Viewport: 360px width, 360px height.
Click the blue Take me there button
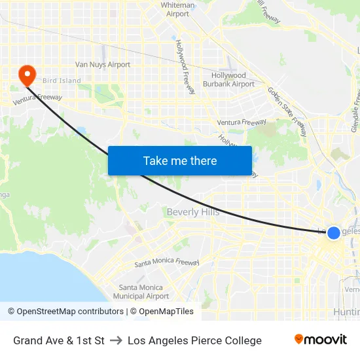pyautogui.click(x=180, y=160)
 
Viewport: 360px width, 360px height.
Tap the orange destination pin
pyautogui.click(x=27, y=75)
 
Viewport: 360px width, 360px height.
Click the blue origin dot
pyautogui.click(x=333, y=232)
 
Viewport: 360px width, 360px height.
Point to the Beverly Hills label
pyautogui.click(x=193, y=212)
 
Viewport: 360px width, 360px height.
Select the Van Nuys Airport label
pyautogui.click(x=103, y=65)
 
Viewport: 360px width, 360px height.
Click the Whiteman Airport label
pyautogui.click(x=177, y=9)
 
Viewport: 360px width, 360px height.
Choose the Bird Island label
pyautogui.click(x=62, y=81)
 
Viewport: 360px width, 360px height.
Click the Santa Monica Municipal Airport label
pyautogui.click(x=145, y=292)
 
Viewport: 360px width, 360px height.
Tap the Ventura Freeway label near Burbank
pyautogui.click(x=242, y=122)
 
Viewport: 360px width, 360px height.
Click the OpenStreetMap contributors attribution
pyautogui.click(x=65, y=312)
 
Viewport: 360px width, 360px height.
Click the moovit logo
pyautogui.click(x=321, y=340)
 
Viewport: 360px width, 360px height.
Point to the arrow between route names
pyautogui.click(x=116, y=340)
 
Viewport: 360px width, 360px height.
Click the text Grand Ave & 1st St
pyautogui.click(x=59, y=340)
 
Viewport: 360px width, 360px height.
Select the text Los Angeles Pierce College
pyautogui.click(x=194, y=340)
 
